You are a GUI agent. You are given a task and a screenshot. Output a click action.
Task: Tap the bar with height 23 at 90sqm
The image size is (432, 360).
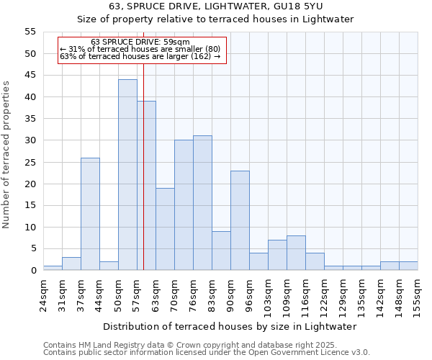tap(240, 220)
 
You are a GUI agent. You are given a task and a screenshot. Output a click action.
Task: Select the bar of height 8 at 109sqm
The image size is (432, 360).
tap(296, 253)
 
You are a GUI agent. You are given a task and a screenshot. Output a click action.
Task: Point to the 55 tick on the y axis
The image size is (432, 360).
tap(30, 32)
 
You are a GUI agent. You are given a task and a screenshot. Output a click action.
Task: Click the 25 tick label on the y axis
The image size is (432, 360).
tap(30, 162)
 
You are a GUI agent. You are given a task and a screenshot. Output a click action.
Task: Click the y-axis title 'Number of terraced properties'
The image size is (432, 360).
tap(7, 155)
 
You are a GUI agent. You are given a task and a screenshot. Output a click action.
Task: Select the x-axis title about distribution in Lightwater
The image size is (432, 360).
tap(230, 326)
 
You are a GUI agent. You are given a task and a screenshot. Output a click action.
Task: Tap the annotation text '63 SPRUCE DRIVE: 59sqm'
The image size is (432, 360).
tap(140, 42)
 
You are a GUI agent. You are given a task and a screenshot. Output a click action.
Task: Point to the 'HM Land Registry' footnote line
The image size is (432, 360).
tap(179, 345)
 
